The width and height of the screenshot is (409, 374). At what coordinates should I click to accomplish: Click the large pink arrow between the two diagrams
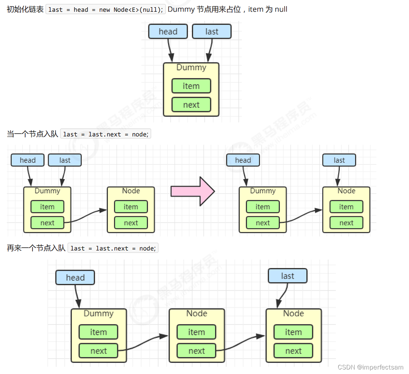(193, 191)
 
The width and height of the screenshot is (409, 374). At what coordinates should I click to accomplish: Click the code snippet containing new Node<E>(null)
(106, 9)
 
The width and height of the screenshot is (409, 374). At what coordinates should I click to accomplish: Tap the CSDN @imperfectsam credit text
(370, 367)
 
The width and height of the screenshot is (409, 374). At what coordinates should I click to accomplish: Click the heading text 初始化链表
(25, 9)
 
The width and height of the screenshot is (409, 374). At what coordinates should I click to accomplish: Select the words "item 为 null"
(268, 9)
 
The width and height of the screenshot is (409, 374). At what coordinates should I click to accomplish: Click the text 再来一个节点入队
(36, 248)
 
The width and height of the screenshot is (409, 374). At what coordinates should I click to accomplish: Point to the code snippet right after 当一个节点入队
(106, 134)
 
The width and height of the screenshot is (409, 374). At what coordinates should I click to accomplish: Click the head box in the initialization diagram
(168, 31)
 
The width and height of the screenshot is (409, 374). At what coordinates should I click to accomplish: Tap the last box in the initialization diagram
(212, 31)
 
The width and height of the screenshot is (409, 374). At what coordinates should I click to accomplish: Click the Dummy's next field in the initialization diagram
(191, 105)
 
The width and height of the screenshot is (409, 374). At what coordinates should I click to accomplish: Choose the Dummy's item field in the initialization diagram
(191, 86)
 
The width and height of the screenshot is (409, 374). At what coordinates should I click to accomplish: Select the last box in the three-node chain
(287, 276)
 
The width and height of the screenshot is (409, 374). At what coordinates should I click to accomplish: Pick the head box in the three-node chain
(75, 277)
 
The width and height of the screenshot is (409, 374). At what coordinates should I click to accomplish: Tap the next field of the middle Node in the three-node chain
(196, 351)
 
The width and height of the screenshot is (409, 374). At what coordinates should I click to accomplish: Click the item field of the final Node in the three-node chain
(293, 332)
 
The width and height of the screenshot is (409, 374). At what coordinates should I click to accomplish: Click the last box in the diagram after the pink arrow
(339, 160)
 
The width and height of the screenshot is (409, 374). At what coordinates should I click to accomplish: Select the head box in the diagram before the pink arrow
(28, 160)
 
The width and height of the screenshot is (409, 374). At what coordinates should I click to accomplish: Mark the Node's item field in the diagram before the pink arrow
(131, 207)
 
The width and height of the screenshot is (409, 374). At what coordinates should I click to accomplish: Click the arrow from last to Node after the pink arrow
(338, 176)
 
